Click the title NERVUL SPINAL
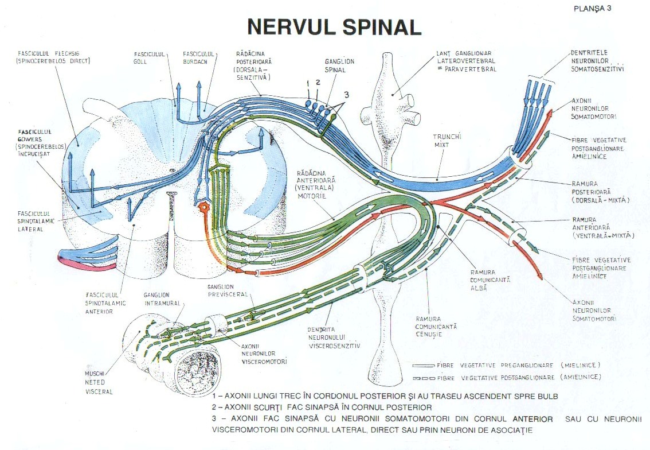pyautogui.click(x=334, y=28)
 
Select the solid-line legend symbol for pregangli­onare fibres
pyautogui.click(x=423, y=365)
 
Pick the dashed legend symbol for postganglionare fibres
pyautogui.click(x=423, y=378)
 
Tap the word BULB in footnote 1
pyautogui.click(x=546, y=396)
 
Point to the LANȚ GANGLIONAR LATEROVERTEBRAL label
pyautogui.click(x=465, y=61)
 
